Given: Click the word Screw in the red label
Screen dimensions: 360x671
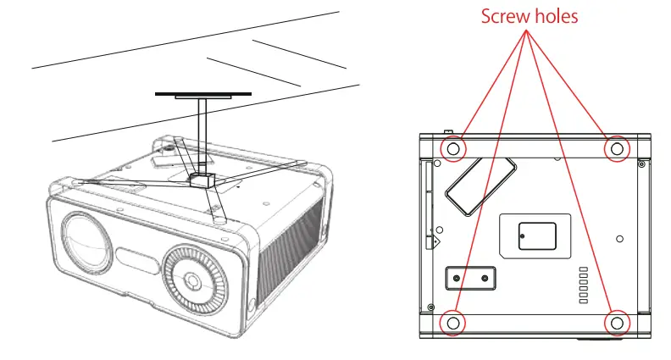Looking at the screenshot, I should point(505,16).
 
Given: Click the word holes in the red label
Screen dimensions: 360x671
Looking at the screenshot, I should point(555,16).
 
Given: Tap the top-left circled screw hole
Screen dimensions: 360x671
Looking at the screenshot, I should point(453,149).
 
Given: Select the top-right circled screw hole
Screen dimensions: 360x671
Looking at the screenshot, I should point(616,149).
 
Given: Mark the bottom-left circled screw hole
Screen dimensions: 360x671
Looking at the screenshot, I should point(453,323).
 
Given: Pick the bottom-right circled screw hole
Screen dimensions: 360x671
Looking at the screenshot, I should point(616,323).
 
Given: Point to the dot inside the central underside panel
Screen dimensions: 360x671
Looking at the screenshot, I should point(522,235).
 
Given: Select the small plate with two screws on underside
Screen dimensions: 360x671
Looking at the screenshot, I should point(470,278).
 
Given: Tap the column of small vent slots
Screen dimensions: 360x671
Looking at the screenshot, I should point(582,284).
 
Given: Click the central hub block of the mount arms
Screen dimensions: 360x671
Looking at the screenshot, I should point(202,180).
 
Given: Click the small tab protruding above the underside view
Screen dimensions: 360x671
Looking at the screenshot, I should point(447,132).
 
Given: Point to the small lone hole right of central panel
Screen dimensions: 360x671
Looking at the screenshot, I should point(621,238).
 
